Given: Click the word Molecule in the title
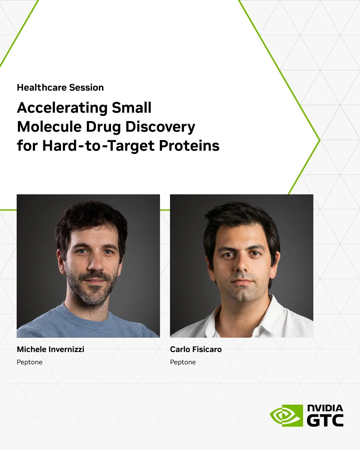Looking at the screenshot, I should (x=49, y=127).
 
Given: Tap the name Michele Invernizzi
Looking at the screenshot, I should (x=50, y=349).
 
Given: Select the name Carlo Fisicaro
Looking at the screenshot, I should (x=196, y=349).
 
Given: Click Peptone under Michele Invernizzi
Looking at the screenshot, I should (x=29, y=362).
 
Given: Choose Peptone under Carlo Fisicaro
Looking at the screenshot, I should (x=183, y=362).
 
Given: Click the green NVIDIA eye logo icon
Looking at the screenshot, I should (x=286, y=415).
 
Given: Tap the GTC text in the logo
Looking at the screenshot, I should (x=325, y=420).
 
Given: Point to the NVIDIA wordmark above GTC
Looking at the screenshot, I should (x=325, y=408).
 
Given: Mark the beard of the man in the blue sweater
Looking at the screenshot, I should (x=92, y=293).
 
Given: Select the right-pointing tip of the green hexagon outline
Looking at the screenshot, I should (x=319, y=140).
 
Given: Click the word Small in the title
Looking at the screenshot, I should (x=131, y=108).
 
